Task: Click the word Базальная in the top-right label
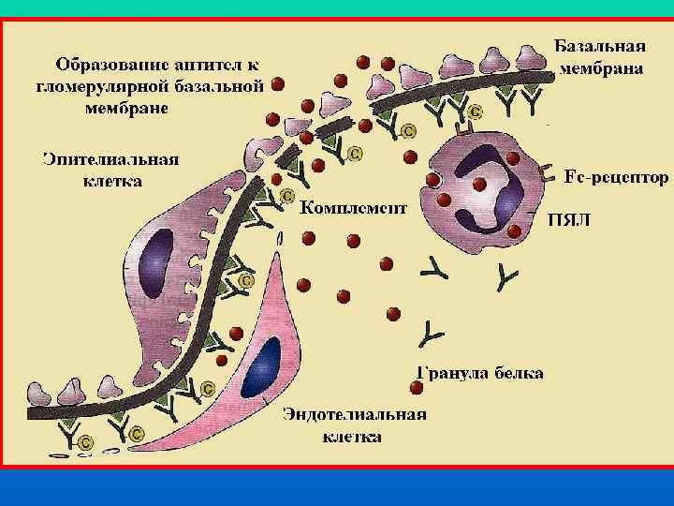pos(600,47)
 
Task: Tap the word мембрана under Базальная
pos(600,69)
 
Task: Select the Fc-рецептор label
pos(616,176)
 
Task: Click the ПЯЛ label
pos(568,222)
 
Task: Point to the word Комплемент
pos(354,208)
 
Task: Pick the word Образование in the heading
pos(110,66)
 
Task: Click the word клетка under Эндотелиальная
pos(352,437)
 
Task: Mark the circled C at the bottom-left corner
pos(85,441)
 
